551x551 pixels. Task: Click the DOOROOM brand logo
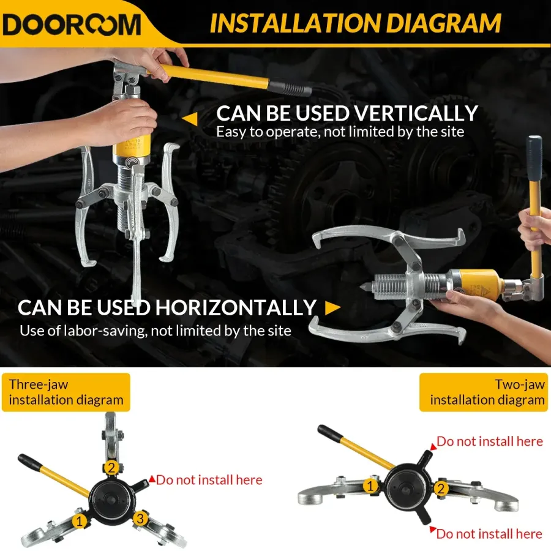click(72, 24)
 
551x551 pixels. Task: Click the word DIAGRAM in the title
click(443, 23)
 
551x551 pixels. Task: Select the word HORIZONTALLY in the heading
click(236, 307)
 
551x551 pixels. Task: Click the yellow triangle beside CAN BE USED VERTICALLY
click(190, 119)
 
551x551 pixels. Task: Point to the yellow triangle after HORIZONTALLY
click(332, 308)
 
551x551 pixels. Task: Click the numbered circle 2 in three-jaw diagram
click(111, 468)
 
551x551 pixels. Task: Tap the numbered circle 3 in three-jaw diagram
click(140, 519)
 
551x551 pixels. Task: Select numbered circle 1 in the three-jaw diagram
click(80, 521)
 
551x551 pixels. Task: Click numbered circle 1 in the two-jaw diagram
click(370, 486)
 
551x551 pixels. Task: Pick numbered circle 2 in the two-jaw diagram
click(441, 488)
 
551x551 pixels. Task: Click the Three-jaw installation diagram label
click(66, 392)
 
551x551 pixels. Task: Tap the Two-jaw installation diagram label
click(485, 392)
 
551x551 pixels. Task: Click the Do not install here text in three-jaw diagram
click(209, 479)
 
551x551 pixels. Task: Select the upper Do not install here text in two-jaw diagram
click(490, 441)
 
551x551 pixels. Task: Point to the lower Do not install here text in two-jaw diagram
click(489, 534)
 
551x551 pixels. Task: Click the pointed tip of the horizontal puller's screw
click(361, 287)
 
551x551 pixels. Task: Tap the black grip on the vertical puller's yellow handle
click(290, 88)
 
